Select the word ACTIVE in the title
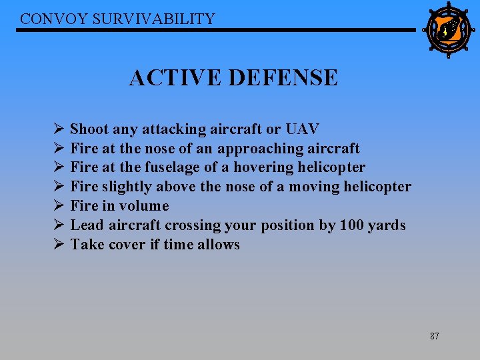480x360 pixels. [175, 78]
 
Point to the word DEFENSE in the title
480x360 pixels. [283, 78]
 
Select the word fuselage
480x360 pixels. [167, 167]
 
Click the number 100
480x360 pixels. [352, 225]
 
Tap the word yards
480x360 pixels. [387, 225]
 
